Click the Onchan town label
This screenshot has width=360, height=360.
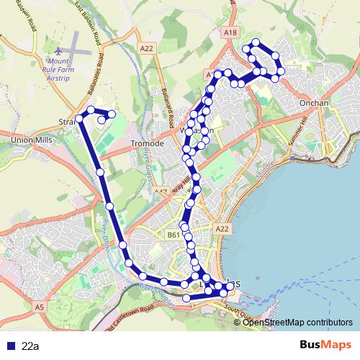314,103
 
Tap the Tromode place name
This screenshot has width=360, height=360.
147,143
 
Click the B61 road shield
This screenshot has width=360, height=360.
173,234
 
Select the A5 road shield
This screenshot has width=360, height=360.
39,307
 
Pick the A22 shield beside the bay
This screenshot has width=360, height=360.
222,228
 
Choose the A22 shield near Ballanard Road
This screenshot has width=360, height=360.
147,48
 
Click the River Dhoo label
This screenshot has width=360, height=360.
109,231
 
